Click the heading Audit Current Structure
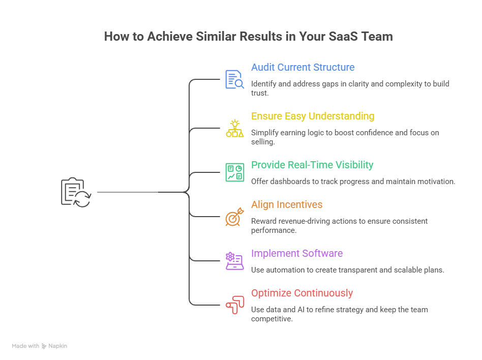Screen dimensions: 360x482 click(303, 68)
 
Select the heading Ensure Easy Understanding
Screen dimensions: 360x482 click(312, 116)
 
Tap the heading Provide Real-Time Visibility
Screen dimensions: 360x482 click(312, 165)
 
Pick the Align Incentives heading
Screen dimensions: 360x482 click(286, 205)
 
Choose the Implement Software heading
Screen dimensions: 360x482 click(296, 254)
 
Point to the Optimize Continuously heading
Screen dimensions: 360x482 click(302, 293)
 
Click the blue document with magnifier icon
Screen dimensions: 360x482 click(234, 80)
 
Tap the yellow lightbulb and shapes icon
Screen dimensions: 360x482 click(234, 129)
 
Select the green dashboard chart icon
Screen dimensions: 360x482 click(234, 172)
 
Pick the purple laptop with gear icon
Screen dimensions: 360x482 click(234, 261)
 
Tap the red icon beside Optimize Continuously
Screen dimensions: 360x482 click(234, 305)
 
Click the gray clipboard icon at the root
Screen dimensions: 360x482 click(75, 192)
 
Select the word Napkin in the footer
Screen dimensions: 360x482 click(57, 346)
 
